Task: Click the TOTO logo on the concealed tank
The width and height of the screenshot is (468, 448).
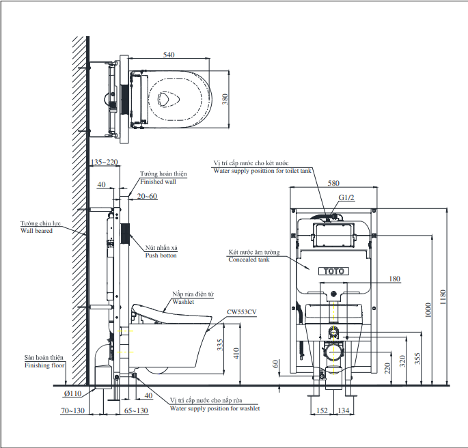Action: pos(333,271)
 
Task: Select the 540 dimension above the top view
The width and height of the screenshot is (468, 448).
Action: pos(169,55)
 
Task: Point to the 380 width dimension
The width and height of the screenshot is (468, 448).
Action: pos(225,99)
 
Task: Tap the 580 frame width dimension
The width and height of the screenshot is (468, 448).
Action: pos(333,183)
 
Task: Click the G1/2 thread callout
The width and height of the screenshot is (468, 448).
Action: pos(346,197)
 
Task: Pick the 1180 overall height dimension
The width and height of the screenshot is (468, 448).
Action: pos(443,297)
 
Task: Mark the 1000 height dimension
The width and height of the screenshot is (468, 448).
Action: pos(428,310)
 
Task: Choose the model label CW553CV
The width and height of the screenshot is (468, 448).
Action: pos(242,312)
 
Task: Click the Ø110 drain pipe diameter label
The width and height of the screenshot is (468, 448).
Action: pos(72,393)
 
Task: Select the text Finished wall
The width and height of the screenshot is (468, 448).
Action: pos(159,182)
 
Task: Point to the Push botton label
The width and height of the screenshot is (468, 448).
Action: pos(161,255)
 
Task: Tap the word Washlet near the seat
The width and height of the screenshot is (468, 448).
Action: pos(183,302)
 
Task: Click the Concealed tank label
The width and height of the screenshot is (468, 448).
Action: pos(249,260)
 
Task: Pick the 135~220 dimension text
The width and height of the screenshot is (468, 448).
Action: pos(104,162)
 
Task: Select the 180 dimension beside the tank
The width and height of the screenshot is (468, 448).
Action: pos(395,279)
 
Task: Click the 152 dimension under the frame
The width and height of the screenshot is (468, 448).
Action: pos(322,410)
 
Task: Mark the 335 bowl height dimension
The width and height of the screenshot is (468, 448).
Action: pos(220,345)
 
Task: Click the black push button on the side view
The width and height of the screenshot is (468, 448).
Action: pos(125,234)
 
